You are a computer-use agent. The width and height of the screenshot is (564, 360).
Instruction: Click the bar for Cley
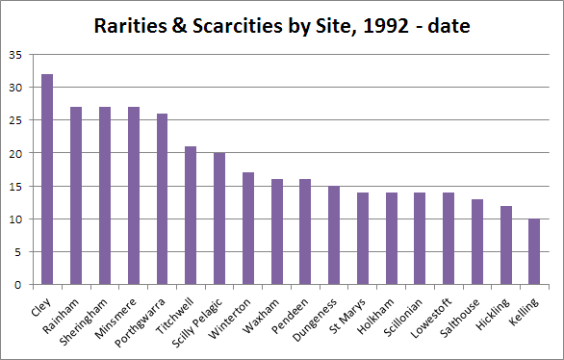(47, 179)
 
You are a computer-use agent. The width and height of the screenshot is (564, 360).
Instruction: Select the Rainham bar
(76, 195)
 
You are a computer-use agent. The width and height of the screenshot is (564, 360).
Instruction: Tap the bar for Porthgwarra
(162, 199)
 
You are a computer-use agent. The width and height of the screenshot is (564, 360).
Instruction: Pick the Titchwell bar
(191, 216)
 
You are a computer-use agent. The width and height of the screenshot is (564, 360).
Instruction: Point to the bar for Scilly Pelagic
(219, 219)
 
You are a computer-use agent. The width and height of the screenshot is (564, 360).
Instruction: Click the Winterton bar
(248, 228)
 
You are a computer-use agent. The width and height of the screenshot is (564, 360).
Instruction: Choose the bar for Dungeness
(334, 235)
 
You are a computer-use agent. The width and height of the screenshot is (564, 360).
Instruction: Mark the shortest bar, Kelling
(534, 251)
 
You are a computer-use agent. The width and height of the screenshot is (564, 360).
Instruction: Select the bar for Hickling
(506, 244)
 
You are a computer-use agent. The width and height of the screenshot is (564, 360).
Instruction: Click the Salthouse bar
(477, 242)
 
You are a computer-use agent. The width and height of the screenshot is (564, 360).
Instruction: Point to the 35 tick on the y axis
(15, 55)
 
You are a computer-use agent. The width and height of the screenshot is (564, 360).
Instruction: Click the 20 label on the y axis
(15, 154)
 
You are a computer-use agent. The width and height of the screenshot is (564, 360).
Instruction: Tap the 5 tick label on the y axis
(18, 252)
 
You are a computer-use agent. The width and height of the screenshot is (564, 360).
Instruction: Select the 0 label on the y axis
(18, 285)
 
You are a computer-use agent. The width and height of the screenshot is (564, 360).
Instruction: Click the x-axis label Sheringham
(84, 321)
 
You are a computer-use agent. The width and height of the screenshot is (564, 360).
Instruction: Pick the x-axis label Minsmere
(116, 319)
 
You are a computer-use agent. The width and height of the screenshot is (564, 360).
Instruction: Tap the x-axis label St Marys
(347, 316)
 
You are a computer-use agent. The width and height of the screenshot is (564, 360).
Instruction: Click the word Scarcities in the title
(238, 26)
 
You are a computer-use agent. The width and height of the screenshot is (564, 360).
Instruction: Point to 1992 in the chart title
(386, 26)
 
